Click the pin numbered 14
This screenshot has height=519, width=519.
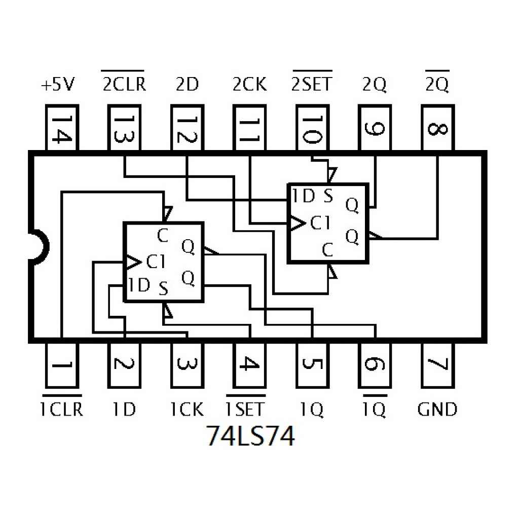coord(62,128)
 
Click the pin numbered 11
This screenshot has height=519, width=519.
coord(249,128)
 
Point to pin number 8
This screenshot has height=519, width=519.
coord(437,128)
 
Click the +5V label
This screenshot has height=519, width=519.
coord(58,85)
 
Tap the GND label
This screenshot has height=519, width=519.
coord(437,409)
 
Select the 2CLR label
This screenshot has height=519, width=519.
coord(124,84)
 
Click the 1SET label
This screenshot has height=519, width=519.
coord(245,409)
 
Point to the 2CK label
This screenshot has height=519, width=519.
coord(249,85)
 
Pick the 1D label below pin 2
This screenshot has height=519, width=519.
coord(124,409)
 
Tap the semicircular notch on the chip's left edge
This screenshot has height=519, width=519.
coord(36,245)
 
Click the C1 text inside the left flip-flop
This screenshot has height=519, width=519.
coord(156,262)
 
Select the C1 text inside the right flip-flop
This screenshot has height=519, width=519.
coord(320,223)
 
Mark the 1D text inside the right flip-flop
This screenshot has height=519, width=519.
coord(304,196)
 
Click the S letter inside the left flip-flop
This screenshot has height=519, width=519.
coord(163,289)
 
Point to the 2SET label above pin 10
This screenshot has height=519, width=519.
coord(312,84)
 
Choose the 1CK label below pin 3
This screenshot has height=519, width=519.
coord(187,409)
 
